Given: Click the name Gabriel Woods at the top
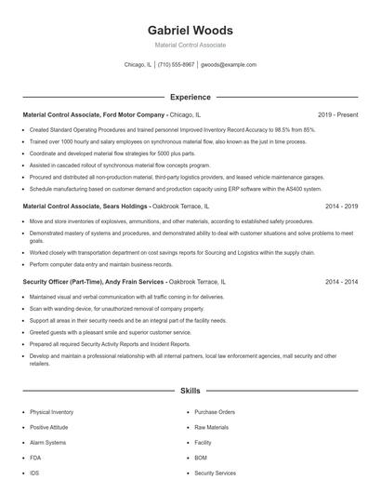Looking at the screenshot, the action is (x=190, y=30).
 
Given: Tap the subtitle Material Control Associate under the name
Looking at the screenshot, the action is (x=190, y=45).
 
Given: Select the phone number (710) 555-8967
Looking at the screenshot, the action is (x=176, y=65).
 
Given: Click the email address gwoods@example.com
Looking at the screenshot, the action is (x=229, y=65).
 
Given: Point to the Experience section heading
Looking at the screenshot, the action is (x=190, y=97).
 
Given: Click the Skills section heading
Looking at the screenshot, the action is (x=190, y=392).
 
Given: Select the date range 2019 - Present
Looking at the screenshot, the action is (x=337, y=114).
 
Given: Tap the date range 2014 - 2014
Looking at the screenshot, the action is (x=341, y=282).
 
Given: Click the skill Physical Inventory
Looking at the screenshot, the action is (x=51, y=411).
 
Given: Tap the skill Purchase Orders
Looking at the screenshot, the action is (x=215, y=411).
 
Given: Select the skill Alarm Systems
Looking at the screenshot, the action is (x=47, y=442).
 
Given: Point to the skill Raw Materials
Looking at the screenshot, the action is (x=211, y=427).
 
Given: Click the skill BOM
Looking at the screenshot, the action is (x=200, y=458).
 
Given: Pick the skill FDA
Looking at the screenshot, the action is (x=35, y=458).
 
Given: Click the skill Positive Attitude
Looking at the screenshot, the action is (x=50, y=427).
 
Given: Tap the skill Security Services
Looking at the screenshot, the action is (x=216, y=473).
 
